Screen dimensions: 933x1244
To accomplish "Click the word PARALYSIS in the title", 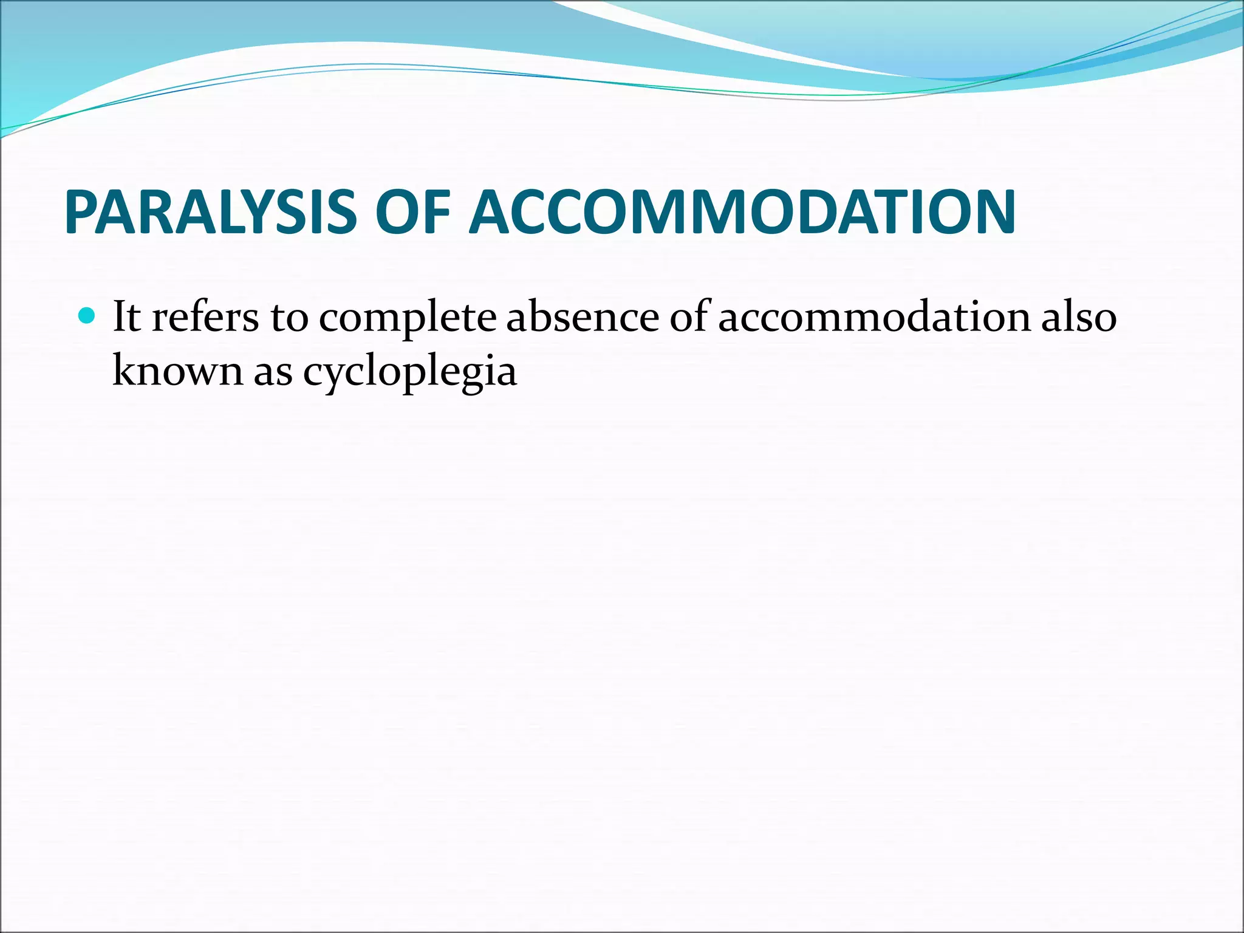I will click(x=210, y=212).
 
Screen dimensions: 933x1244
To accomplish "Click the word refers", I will click(x=205, y=317).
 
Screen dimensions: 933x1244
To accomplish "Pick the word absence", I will click(x=582, y=317).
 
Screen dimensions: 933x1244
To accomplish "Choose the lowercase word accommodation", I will click(x=873, y=317).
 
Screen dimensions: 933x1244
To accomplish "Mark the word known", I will click(x=177, y=371).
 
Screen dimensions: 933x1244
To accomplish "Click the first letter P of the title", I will click(x=82, y=212).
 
